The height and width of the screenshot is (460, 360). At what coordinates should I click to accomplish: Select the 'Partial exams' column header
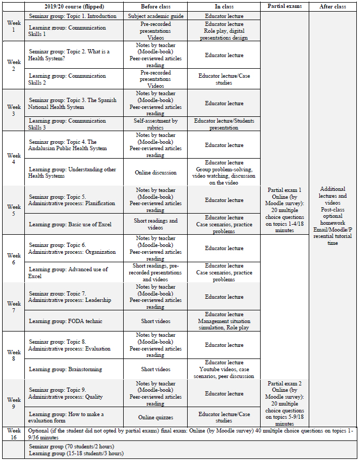click(284, 7)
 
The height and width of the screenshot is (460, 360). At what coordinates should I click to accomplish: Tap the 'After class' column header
click(333, 7)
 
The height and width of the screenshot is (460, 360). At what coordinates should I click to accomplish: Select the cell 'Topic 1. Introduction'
click(73, 16)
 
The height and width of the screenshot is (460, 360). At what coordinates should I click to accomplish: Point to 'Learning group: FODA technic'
click(66, 321)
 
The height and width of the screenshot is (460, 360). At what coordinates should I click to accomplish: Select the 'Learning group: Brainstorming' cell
click(66, 369)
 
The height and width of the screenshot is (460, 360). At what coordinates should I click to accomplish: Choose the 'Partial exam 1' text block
click(284, 210)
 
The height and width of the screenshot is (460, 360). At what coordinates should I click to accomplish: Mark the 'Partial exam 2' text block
click(284, 403)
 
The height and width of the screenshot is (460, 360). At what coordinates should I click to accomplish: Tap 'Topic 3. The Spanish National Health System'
click(72, 104)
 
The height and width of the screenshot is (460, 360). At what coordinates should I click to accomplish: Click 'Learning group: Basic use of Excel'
click(70, 224)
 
